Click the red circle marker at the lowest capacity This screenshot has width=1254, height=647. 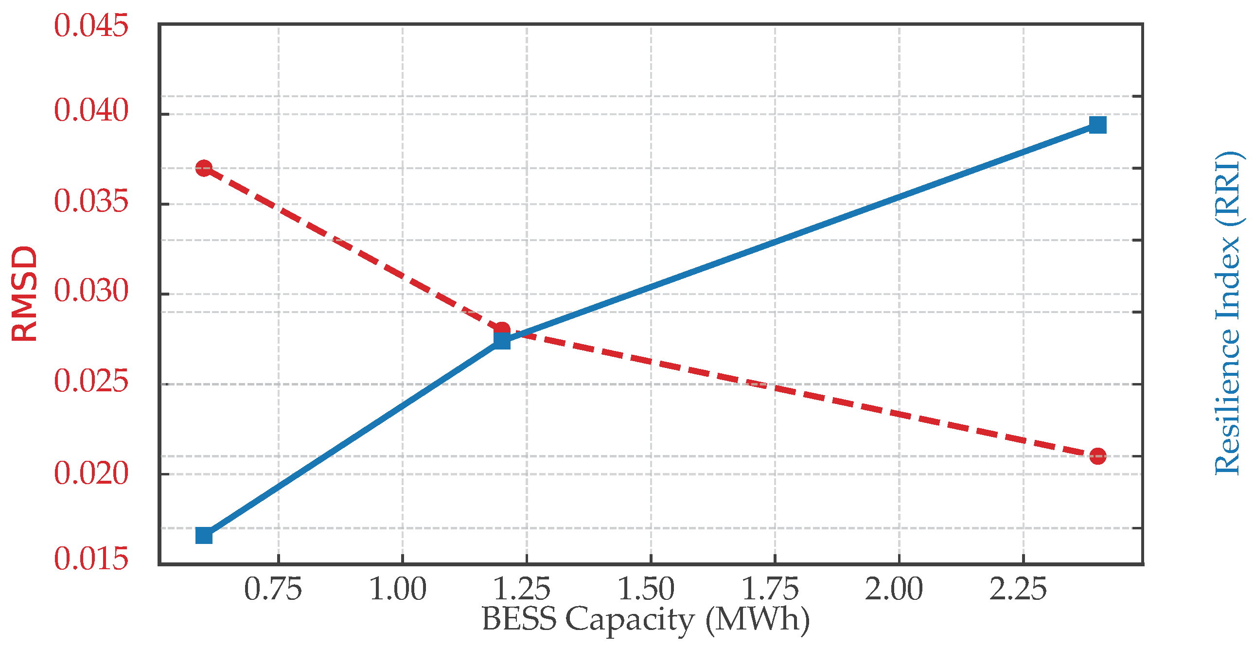coord(204,169)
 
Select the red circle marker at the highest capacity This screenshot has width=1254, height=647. coord(1097,456)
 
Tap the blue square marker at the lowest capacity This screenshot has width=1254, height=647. coord(204,536)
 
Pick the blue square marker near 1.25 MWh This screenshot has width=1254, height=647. coord(502,341)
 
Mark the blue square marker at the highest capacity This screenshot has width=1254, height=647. coord(1097,125)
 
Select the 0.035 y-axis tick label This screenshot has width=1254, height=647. coord(91,201)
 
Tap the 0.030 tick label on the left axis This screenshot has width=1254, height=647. coord(91,291)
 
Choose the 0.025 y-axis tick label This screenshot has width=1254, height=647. coord(91,381)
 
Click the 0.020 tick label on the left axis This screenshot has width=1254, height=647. coord(91,472)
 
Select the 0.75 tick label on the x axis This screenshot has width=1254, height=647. coord(273,589)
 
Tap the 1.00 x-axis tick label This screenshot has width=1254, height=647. coord(398,589)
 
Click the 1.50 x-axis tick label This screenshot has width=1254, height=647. coord(647,589)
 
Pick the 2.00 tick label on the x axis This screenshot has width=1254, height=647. coord(894,589)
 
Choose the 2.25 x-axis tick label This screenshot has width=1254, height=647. coord(1018,589)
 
